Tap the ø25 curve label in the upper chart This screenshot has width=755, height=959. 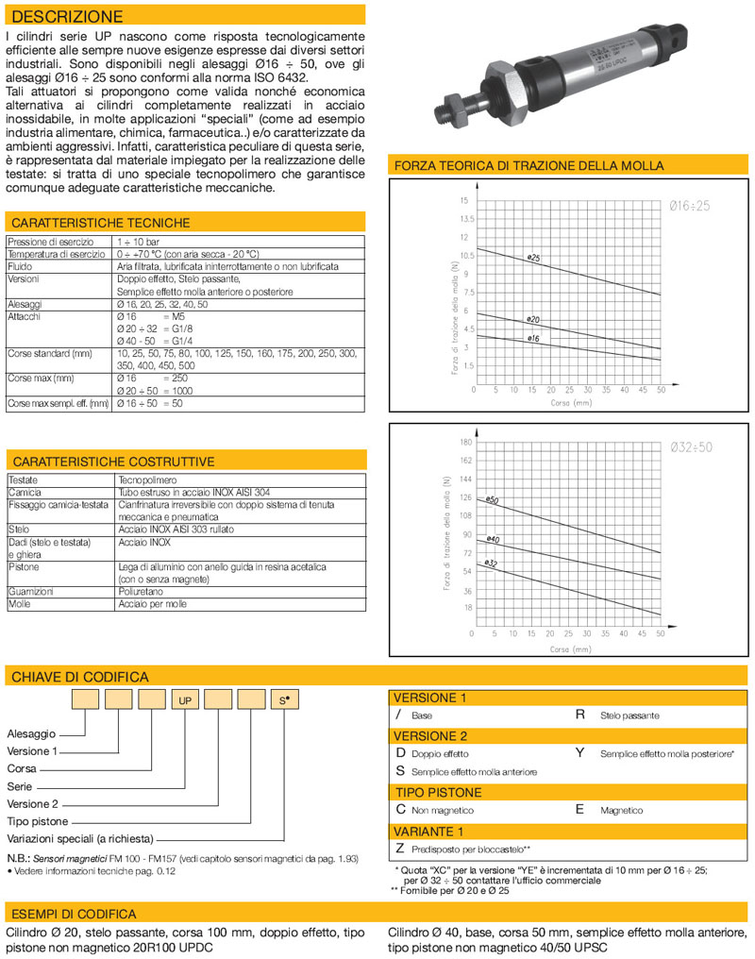[x=533, y=258]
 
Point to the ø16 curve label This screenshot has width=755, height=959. [x=533, y=338]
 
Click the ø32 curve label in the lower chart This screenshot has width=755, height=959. [x=490, y=563]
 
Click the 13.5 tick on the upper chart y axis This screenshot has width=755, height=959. [x=465, y=219]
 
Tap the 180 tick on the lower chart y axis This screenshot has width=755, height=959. [x=464, y=442]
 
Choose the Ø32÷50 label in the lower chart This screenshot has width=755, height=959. [x=690, y=446]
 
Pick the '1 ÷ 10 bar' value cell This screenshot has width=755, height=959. [x=138, y=243]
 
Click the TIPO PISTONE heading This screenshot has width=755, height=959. [x=438, y=792]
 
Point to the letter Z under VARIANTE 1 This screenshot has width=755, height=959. [x=399, y=849]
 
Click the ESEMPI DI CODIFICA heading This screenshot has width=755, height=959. [x=73, y=914]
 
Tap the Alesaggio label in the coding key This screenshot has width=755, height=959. [x=32, y=732]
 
